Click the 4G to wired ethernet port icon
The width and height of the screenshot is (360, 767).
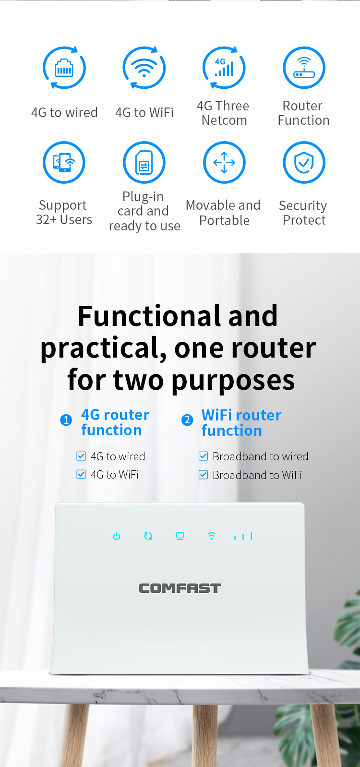click(64, 68)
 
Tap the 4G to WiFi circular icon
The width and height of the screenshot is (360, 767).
click(144, 68)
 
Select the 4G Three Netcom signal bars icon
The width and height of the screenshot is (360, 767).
click(224, 68)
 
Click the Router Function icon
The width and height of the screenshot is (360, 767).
click(304, 68)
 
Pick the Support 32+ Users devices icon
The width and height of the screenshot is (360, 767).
click(64, 162)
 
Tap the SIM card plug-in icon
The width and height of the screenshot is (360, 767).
click(144, 162)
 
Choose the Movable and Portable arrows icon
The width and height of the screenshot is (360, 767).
click(224, 162)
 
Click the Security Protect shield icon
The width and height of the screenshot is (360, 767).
click(304, 162)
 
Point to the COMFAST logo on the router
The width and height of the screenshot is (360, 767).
click(180, 588)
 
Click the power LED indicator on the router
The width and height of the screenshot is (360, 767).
click(117, 536)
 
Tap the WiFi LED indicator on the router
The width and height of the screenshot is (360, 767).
click(212, 536)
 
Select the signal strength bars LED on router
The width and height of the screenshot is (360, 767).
click(243, 536)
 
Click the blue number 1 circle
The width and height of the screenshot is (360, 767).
click(66, 420)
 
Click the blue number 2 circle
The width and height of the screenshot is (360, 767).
click(187, 420)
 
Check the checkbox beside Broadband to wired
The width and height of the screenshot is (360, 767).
click(203, 456)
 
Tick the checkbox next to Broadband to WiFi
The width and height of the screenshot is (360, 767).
click(203, 475)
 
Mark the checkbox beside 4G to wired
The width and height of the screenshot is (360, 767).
click(81, 456)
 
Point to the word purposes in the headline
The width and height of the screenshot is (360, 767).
click(233, 381)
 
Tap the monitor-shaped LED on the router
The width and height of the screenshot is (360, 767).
click(180, 536)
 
